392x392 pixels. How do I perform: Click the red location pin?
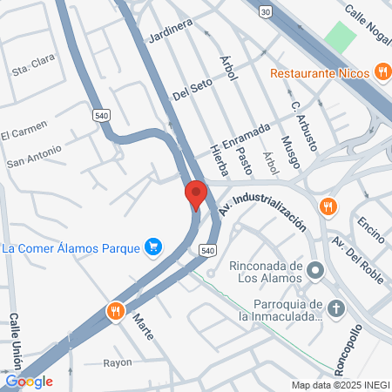coord(195,194)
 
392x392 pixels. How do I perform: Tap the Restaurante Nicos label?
coord(321,72)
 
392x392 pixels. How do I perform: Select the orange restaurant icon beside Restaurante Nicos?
coord(382,71)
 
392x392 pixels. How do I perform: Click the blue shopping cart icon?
coord(153,248)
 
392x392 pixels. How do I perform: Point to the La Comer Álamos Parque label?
coord(71,249)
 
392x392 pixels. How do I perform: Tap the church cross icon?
coord(337,308)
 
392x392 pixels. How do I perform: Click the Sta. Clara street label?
coord(30,68)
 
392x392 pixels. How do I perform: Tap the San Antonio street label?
coord(34,156)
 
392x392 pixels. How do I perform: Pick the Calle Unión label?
coord(14,343)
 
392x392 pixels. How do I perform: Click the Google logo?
coord(29,381)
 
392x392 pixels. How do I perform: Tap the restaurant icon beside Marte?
coord(114,310)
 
